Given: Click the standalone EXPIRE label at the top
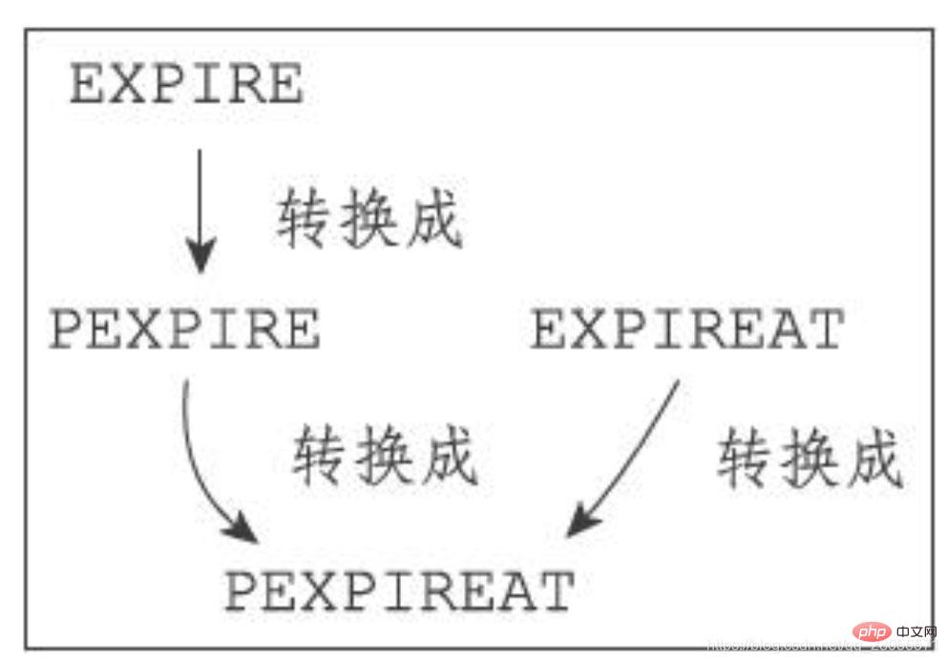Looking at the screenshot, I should pyautogui.click(x=186, y=86).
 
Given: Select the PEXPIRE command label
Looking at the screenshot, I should pyautogui.click(x=184, y=331).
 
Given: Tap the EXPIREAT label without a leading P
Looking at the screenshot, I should pyautogui.click(x=687, y=331).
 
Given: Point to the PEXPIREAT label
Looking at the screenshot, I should pyautogui.click(x=399, y=591).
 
